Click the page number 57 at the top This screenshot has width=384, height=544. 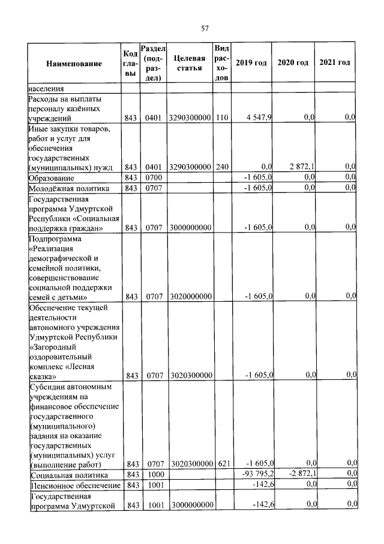[205, 28]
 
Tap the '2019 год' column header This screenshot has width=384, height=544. [251, 63]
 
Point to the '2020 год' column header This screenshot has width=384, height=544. [293, 63]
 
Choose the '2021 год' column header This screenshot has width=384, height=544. [335, 63]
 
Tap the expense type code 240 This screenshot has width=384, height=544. [221, 167]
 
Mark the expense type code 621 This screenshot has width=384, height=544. [221, 464]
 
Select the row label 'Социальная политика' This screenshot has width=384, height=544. [66, 475]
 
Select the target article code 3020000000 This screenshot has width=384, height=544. [191, 296]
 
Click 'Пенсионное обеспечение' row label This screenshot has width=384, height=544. [73, 485]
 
